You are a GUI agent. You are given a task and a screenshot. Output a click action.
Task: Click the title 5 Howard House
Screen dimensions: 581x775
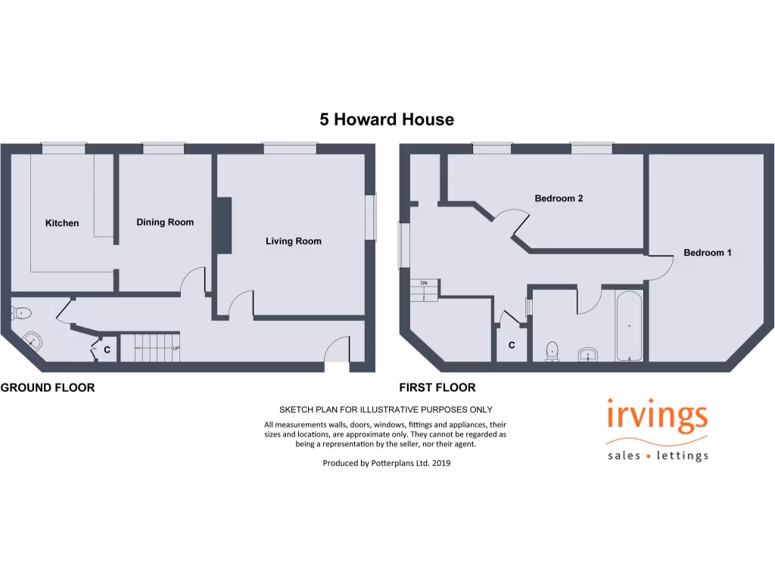tap(387, 120)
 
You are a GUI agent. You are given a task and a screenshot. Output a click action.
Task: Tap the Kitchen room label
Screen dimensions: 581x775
tap(62, 223)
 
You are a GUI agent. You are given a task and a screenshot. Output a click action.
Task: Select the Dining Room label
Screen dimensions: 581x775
tap(165, 222)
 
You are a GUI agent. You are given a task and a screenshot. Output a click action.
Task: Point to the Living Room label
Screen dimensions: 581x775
tap(293, 241)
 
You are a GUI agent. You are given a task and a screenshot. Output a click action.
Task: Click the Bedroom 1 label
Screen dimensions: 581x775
tap(707, 253)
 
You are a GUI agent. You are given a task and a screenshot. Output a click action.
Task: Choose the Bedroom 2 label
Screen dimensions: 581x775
tap(559, 199)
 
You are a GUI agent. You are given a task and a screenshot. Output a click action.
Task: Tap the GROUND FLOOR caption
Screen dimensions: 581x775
tap(48, 388)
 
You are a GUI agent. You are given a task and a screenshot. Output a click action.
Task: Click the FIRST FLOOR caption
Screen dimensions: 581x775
tap(437, 388)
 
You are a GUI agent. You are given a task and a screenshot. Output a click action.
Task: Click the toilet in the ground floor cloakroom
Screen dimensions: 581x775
tap(21, 312)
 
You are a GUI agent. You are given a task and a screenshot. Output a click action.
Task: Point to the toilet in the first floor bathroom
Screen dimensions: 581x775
tap(552, 350)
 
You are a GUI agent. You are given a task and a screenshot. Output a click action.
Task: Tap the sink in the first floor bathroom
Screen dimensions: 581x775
tap(588, 354)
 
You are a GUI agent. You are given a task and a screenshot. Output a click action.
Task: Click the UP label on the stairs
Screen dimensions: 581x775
tap(176, 349)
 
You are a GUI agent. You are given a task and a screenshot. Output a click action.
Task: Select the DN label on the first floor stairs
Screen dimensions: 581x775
tap(424, 283)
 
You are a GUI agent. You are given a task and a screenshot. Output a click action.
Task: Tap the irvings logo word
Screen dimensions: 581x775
tap(658, 418)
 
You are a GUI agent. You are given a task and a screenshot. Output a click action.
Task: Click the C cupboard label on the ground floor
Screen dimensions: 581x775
tap(107, 350)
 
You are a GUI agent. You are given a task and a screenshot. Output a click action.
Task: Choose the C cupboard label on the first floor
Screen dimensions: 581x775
tap(512, 346)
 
